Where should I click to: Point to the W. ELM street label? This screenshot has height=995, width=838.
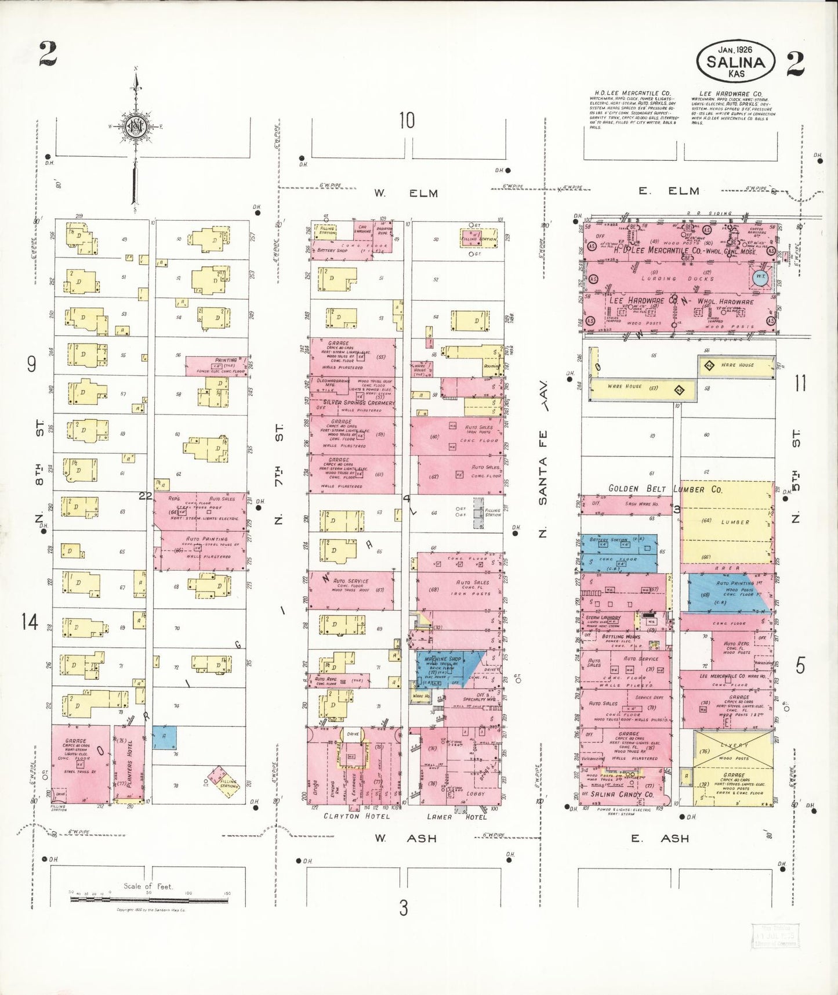405,193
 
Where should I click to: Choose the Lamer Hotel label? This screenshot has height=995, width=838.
456,816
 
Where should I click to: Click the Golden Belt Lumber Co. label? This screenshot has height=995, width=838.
665,489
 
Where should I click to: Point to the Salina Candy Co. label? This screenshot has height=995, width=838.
622,794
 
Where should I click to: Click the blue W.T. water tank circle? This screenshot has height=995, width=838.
760,277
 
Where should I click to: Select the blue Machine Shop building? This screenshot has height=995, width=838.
443,668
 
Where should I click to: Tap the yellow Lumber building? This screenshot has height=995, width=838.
727,522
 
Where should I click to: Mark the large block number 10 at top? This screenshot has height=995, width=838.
407,121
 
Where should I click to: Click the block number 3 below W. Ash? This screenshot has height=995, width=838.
404,907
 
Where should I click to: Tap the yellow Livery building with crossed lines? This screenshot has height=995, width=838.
734,751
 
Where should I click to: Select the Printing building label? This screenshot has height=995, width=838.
226,360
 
